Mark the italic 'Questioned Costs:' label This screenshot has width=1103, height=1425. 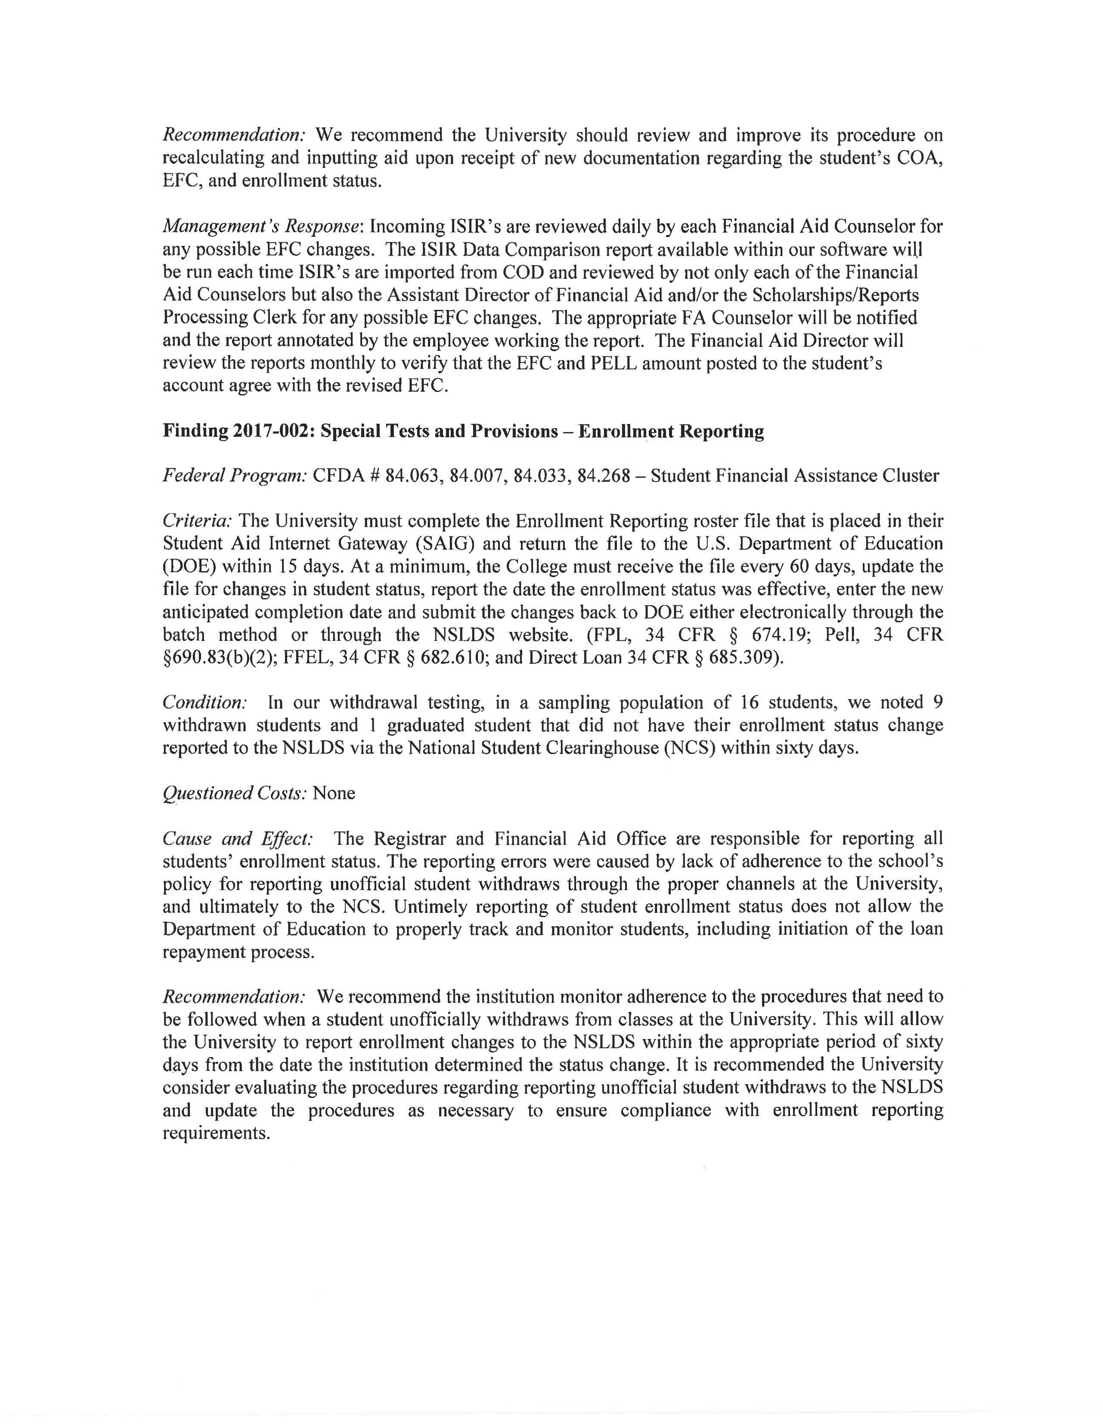[x=234, y=793]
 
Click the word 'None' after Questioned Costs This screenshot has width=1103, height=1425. [x=334, y=793]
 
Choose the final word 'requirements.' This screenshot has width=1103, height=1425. [x=216, y=1133]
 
